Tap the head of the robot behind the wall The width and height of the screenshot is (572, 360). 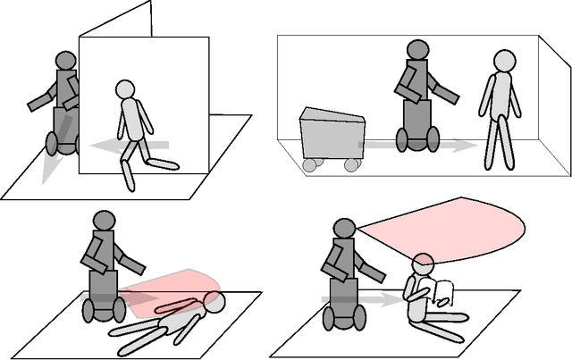pos(66,60)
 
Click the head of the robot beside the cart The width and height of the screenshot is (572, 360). pos(416,51)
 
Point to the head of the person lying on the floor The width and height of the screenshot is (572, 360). pos(214,302)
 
